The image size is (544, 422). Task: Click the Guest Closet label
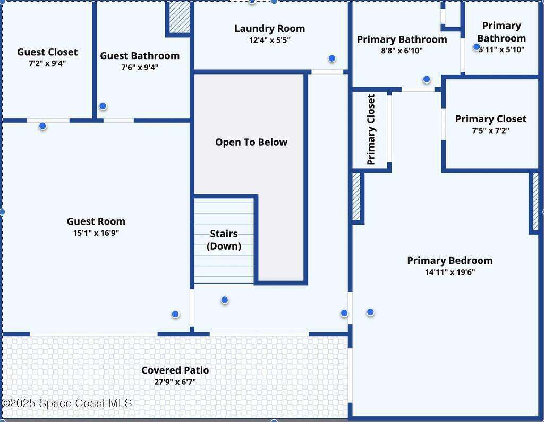pos(47,52)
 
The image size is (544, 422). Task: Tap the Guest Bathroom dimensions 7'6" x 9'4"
pos(140,68)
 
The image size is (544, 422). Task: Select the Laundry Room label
pos(270,29)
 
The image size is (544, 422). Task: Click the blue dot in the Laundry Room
pos(332,59)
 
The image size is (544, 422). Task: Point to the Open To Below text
pos(251,142)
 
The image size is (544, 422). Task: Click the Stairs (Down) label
pos(224,239)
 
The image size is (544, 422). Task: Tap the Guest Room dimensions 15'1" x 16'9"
pos(96,233)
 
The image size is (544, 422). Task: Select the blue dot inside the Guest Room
pos(175,315)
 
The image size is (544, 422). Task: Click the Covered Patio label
pos(175,370)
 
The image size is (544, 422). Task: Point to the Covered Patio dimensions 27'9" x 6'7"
pos(175,382)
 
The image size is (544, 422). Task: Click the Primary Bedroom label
pos(450,261)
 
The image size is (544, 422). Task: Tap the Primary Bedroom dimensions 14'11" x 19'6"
pos(449,272)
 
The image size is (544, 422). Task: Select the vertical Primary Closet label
pos(371,129)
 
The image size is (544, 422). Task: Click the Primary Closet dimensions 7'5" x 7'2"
pos(490,130)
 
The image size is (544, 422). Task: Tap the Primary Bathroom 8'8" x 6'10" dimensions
pos(402,51)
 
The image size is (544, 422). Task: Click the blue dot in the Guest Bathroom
pos(103,106)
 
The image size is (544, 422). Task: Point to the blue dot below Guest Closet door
pos(42,126)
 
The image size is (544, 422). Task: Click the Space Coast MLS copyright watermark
pos(66,403)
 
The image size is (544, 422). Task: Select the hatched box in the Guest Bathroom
pos(179,17)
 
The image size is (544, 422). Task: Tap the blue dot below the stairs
pos(225,300)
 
